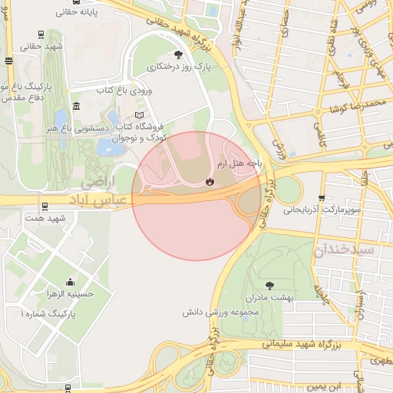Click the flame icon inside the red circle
(208, 182)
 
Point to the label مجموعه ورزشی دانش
(223, 312)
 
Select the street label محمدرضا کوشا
(359, 102)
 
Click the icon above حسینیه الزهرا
(71, 282)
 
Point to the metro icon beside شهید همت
(45, 206)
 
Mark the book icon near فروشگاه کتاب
(160, 115)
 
